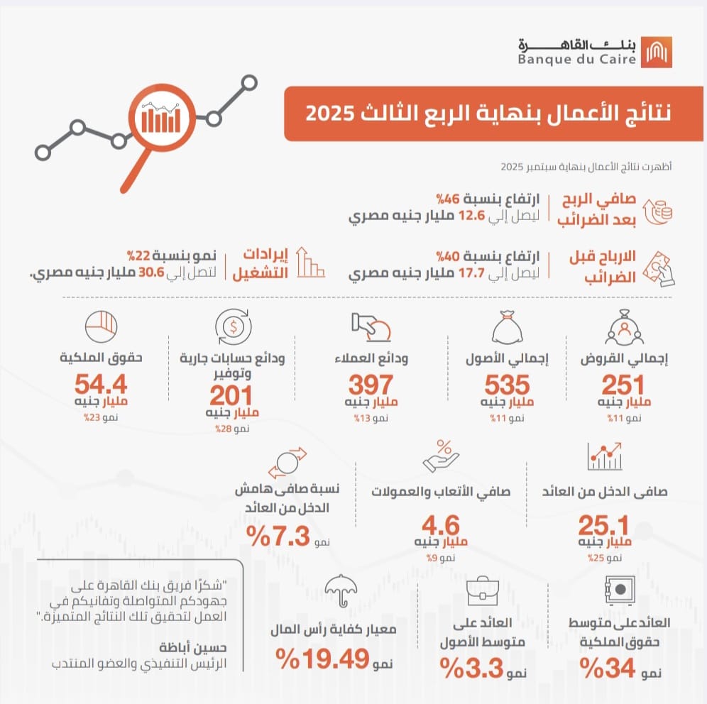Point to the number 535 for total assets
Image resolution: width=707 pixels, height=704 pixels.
[507, 385]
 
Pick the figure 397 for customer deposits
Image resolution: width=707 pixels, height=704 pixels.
[370, 385]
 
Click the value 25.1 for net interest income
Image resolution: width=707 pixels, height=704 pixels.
[603, 526]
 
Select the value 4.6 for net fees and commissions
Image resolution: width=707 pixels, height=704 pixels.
[440, 526]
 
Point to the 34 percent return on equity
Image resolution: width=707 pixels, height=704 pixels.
[606, 667]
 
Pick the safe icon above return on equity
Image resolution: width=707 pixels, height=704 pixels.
[618, 589]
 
